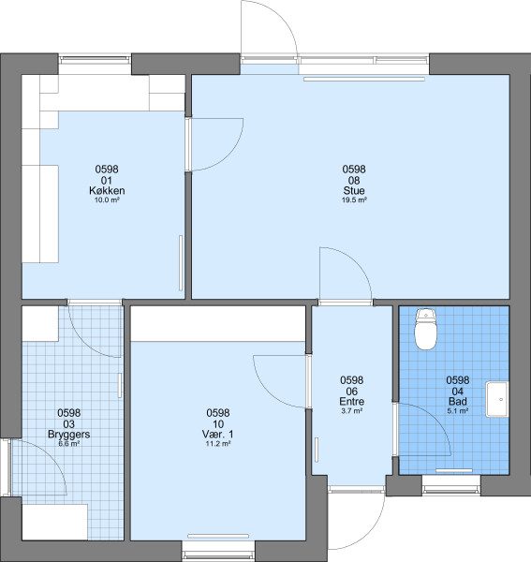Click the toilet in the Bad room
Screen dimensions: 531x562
[x=426, y=329]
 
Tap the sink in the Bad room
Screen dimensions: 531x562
[x=497, y=399]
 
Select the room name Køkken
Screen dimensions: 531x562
[x=107, y=190]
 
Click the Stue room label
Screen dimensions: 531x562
[x=354, y=190]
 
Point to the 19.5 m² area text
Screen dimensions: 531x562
[x=354, y=200]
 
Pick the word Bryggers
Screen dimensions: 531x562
[x=68, y=435]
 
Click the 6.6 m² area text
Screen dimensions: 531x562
[x=68, y=444]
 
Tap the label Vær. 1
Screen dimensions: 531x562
[x=218, y=435]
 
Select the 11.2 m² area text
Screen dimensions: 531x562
[x=218, y=444]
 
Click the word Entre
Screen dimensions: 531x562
[x=352, y=402]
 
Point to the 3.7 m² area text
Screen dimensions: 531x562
[x=352, y=411]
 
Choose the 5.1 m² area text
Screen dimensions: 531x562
[x=458, y=411]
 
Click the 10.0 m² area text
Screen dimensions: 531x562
[x=107, y=200]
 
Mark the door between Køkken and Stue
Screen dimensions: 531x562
[x=214, y=144]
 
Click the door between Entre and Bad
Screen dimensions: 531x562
[x=421, y=429]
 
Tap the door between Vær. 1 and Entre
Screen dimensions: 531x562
[x=280, y=381]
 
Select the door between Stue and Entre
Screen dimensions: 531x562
[x=346, y=276]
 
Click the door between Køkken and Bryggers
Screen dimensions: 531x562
[x=95, y=329]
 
